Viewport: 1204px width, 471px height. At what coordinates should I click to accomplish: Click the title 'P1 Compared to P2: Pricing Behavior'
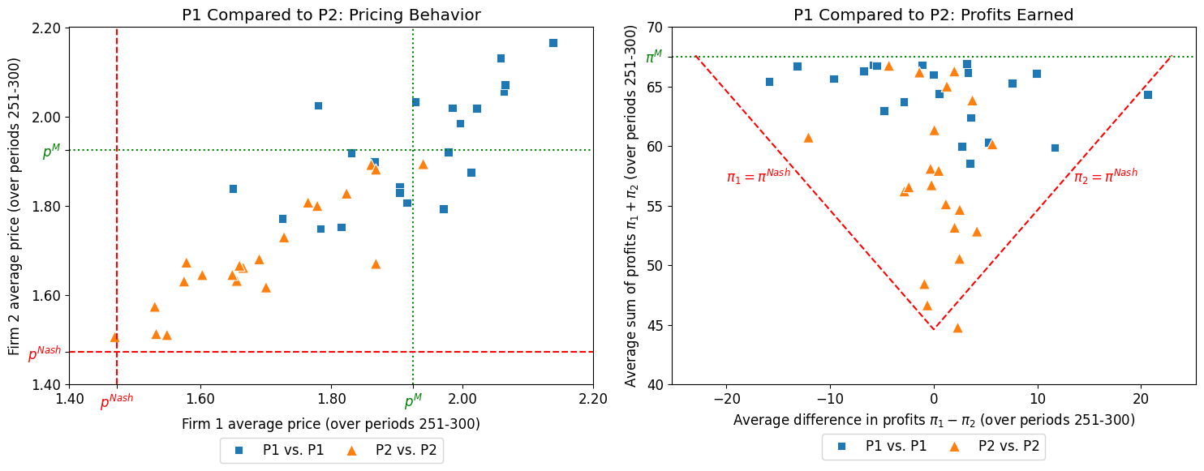coord(330,15)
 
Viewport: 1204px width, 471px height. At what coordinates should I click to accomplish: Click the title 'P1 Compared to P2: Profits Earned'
coord(933,15)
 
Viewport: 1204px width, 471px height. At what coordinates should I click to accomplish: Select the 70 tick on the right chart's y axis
coord(654,28)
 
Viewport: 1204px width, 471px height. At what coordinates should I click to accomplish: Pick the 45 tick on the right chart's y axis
coord(654,325)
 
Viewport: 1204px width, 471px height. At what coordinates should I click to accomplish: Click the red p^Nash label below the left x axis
coord(117,403)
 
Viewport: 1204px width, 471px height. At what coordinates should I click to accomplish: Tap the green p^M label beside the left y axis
coord(51,152)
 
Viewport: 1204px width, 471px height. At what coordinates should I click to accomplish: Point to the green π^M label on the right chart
coord(653,58)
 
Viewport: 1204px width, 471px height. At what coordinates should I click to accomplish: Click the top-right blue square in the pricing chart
coord(553,43)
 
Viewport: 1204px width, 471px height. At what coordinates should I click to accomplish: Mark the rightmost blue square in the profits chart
coord(1148,95)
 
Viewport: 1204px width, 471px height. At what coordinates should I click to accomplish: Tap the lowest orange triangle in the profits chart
coord(957,328)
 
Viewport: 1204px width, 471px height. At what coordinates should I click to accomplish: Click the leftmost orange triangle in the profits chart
coord(808,138)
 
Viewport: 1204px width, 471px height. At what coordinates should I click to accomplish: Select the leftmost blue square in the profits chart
coord(769,82)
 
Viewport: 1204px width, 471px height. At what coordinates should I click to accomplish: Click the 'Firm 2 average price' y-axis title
coord(15,206)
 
